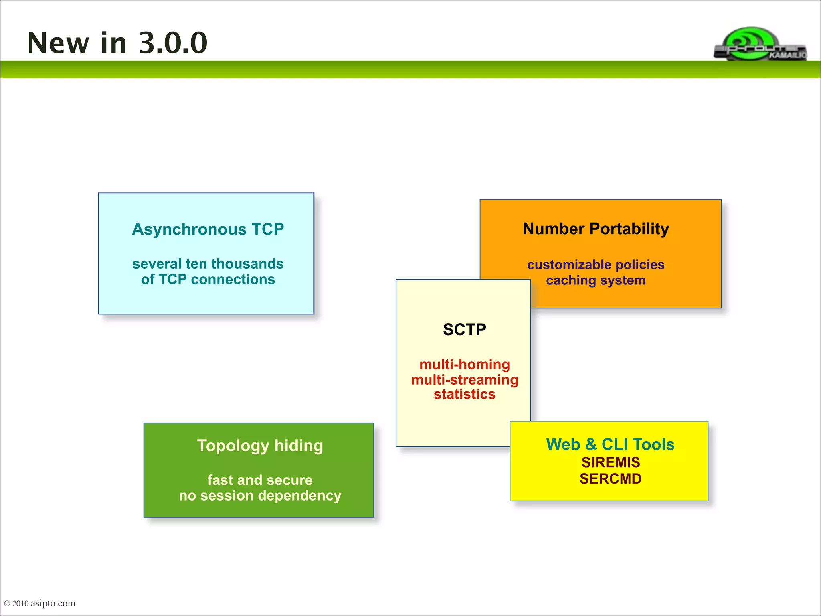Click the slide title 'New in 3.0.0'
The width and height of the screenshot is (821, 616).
117,43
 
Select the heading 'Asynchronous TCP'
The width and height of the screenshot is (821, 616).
208,229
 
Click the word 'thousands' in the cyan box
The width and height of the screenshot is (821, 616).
247,264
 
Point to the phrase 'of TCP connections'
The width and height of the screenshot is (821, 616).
208,279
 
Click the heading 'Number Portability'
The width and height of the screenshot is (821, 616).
596,229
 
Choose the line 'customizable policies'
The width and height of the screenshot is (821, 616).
596,265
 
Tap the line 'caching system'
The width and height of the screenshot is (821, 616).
596,280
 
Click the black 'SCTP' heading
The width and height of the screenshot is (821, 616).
464,330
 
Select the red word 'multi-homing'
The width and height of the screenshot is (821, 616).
464,364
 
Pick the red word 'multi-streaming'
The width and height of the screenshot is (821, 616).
464,379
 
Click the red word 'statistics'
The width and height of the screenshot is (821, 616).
464,394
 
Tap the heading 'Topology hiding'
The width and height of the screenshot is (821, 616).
260,446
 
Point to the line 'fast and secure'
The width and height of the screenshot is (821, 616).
260,480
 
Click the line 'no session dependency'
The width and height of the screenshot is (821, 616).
260,496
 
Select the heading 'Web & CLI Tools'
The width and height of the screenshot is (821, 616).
610,444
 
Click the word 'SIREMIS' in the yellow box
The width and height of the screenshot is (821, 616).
610,462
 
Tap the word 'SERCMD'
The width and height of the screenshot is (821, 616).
610,479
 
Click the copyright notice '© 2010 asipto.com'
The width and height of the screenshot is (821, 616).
40,603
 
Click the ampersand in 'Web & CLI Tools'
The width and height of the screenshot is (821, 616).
590,444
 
